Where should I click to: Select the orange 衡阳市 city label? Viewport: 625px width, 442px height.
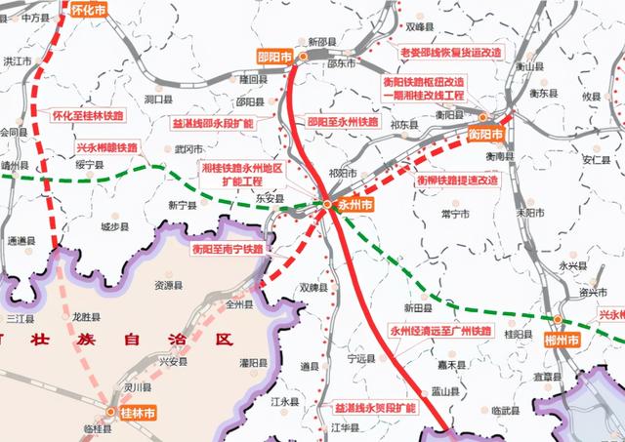click(485, 133)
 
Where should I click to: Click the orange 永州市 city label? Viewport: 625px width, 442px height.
click(355, 206)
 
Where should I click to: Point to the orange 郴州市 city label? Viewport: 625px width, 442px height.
click(561, 339)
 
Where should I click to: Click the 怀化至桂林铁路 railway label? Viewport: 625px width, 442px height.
click(89, 114)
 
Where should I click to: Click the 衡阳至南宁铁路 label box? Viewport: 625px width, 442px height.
click(227, 250)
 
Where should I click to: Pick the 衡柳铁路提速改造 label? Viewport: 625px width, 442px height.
click(458, 181)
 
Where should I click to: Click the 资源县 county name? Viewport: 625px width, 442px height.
click(169, 286)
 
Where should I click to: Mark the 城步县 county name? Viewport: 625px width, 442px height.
click(114, 226)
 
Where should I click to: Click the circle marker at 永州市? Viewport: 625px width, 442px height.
click(327, 203)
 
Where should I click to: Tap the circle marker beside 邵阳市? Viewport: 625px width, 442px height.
click(304, 58)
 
